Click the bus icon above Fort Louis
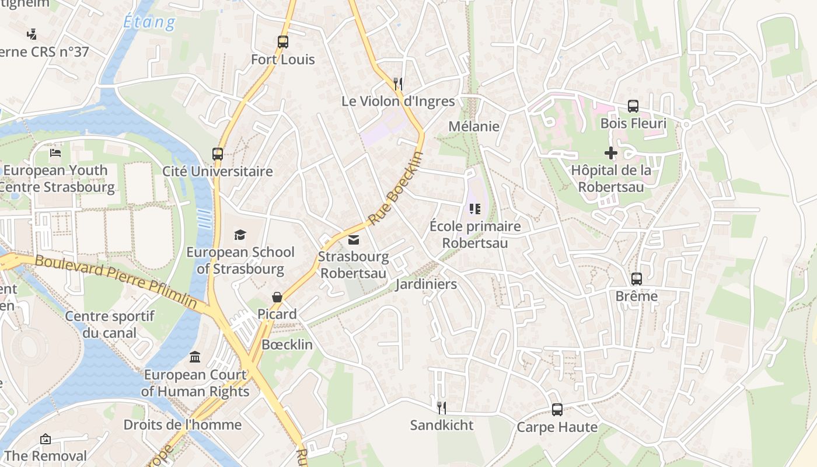283,42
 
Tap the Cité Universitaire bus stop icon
218,154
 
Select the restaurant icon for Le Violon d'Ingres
398,84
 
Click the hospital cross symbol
611,153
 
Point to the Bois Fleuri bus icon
633,106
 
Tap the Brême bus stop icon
637,279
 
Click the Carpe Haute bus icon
557,410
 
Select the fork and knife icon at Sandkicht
442,407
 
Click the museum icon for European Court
195,357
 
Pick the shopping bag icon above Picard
277,297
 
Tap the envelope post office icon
354,240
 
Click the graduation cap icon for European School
240,235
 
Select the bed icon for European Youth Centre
55,153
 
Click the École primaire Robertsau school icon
475,208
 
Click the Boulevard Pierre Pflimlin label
116,281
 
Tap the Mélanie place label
474,126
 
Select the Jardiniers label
426,284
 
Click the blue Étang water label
149,22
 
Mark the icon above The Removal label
46,439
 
